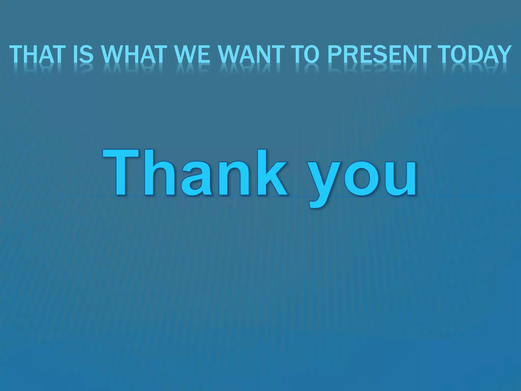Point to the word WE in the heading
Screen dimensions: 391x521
[x=192, y=54]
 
